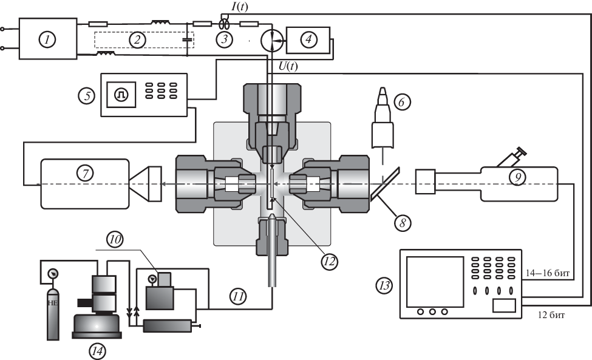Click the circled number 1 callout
click(47, 39)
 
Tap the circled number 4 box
click(309, 40)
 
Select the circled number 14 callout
click(97, 350)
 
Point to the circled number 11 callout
click(237, 296)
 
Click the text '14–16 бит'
click(548, 274)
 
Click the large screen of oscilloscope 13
click(435, 281)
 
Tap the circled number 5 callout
click(87, 95)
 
